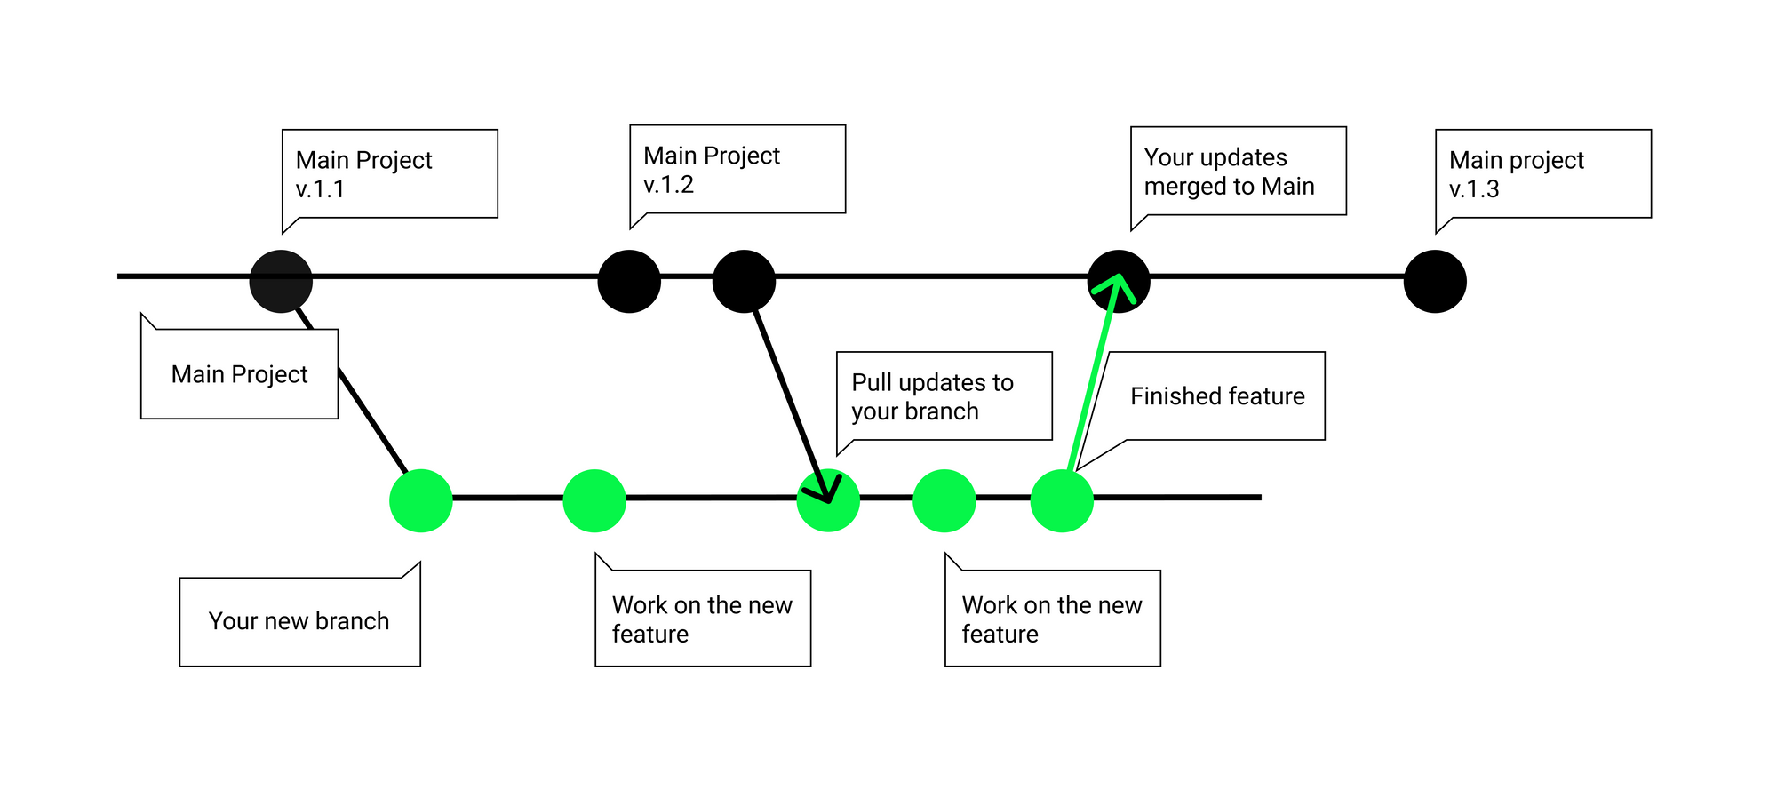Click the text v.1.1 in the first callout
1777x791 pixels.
click(x=320, y=189)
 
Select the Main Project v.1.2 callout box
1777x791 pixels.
click(x=737, y=169)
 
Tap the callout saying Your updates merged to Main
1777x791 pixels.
click(x=1239, y=171)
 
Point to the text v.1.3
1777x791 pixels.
click(x=1474, y=189)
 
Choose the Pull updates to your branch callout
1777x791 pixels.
click(x=944, y=395)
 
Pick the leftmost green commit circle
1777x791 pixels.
click(x=421, y=500)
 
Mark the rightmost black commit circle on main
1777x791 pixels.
click(x=1435, y=282)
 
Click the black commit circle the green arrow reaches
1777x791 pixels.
click(x=1120, y=282)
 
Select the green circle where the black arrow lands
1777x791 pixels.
click(x=828, y=500)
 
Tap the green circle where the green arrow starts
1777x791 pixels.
click(x=1062, y=500)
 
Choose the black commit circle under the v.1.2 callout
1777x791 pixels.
click(x=629, y=282)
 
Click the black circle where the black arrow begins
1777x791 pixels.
click(x=745, y=282)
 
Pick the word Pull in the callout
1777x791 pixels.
click(x=872, y=382)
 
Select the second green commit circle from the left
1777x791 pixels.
click(x=594, y=500)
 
